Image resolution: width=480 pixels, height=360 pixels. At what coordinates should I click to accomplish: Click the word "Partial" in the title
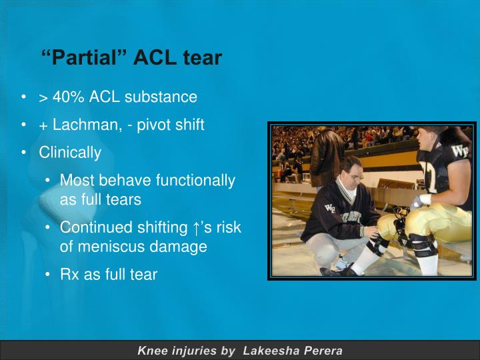(87, 58)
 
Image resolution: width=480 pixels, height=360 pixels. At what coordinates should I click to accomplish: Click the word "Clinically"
(70, 153)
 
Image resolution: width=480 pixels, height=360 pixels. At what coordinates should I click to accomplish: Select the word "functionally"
(195, 181)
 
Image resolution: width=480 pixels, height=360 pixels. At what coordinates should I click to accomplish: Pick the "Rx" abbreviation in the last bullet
(69, 274)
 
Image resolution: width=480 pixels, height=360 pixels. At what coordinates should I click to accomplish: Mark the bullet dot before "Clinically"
(24, 153)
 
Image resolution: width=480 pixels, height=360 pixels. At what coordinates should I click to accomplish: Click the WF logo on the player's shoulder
(459, 150)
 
